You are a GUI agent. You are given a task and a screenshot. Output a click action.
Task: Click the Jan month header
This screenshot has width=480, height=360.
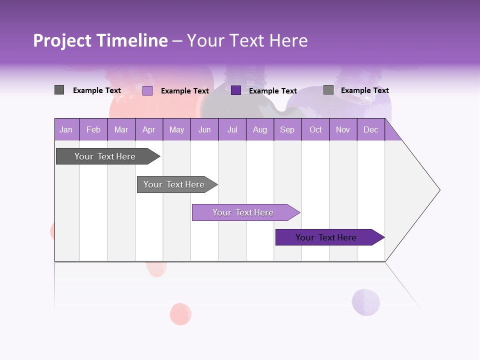(x=66, y=129)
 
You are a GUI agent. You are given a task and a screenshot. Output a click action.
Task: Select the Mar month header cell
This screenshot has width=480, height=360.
(x=121, y=129)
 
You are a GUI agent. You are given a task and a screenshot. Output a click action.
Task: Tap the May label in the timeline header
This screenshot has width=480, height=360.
(x=176, y=129)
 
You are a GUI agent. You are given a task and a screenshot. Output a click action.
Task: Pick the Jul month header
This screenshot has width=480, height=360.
(x=232, y=129)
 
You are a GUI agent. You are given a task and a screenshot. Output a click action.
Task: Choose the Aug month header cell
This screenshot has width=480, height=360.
(x=259, y=129)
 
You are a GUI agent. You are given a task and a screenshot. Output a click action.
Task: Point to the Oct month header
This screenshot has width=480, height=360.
(x=315, y=129)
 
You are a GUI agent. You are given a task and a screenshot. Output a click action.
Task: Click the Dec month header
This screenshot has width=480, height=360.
(x=370, y=129)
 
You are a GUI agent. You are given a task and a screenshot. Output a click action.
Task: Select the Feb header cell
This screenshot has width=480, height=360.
(x=93, y=129)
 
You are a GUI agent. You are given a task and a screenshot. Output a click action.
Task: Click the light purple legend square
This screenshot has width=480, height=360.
(x=147, y=90)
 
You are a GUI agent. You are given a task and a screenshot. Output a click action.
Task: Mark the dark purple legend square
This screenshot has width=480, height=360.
(x=236, y=90)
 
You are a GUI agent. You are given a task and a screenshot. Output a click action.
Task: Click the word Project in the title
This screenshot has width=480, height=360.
(x=62, y=40)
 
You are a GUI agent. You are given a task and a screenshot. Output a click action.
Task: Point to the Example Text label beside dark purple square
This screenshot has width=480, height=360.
(x=272, y=91)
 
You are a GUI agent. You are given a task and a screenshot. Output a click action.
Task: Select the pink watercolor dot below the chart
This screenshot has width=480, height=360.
(x=180, y=314)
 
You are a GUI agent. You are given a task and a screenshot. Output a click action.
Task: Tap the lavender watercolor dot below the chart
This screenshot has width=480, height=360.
(x=365, y=302)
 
